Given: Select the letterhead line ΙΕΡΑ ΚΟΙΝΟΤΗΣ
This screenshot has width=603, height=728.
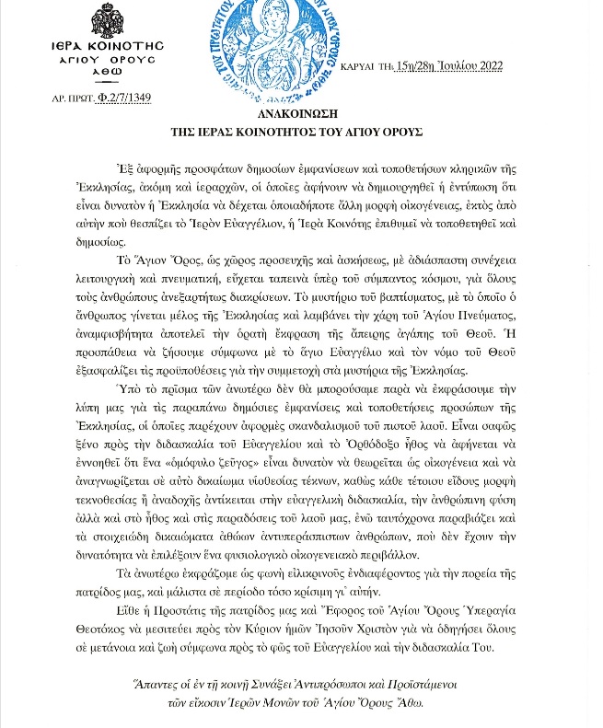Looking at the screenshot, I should pyautogui.click(x=107, y=44).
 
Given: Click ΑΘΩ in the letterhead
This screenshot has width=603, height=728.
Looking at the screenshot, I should pyautogui.click(x=107, y=71).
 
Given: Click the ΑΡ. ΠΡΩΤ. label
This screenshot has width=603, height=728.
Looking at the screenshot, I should pyautogui.click(x=73, y=97).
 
